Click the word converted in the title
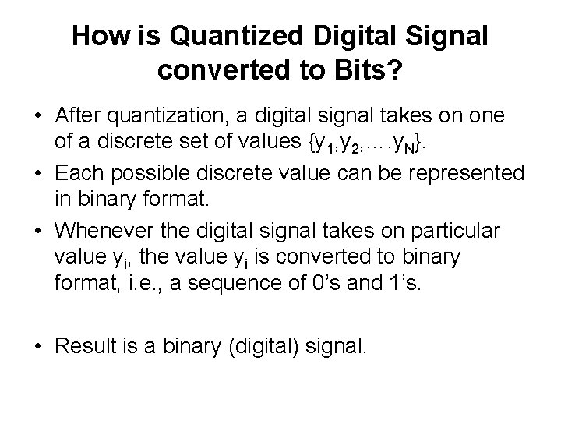pyautogui.click(x=214, y=69)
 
